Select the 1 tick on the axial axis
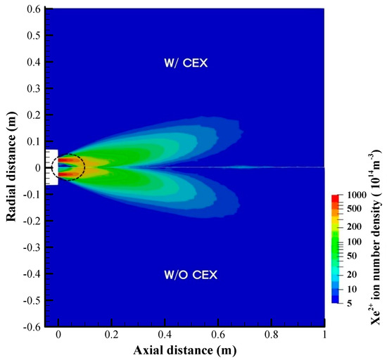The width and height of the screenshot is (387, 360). (x=324, y=336)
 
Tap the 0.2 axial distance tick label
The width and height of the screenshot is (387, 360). (x=112, y=336)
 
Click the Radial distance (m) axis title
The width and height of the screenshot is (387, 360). (x=11, y=167)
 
